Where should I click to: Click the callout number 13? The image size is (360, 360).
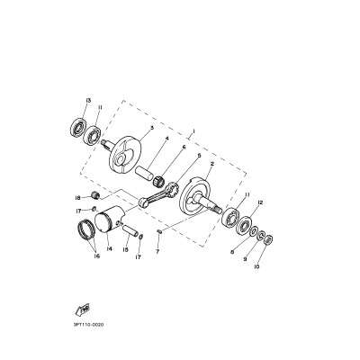tap(88, 101)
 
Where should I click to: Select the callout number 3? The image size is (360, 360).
tap(151, 128)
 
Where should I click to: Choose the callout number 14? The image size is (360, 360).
tap(109, 248)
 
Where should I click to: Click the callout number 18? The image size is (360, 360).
tap(103, 197)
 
